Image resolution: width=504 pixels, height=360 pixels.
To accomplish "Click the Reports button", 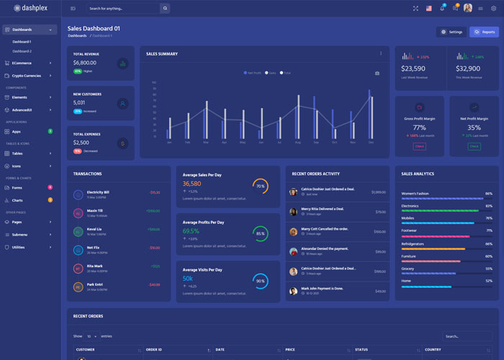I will click(484, 32).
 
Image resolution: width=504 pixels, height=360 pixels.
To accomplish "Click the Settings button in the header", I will click(451, 32).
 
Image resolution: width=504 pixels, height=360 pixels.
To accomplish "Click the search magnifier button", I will click(165, 9).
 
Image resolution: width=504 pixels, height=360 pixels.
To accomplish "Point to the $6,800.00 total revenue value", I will click(85, 63).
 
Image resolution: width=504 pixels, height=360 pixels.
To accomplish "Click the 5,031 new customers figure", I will click(79, 102).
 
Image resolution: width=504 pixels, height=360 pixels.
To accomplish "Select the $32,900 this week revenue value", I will click(468, 68).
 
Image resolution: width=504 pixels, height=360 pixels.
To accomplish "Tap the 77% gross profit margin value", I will click(419, 127).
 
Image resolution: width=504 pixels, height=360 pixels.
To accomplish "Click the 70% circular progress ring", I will click(260, 186).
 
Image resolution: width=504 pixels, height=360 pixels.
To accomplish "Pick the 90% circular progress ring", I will click(260, 281).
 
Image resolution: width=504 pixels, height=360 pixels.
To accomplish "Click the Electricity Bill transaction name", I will click(98, 192).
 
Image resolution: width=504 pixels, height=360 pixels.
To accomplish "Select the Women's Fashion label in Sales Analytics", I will click(415, 194).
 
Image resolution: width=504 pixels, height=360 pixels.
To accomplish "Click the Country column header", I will click(433, 350).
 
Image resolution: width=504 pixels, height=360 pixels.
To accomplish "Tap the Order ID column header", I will click(153, 350).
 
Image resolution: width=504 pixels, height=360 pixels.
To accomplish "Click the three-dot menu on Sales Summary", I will click(381, 53).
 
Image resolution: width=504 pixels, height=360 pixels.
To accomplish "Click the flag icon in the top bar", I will click(429, 9).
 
